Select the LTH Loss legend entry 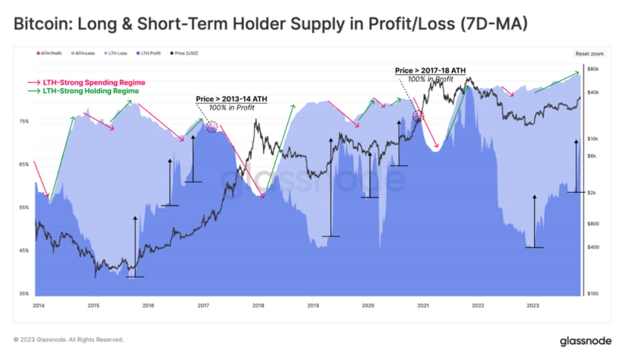tap(117, 53)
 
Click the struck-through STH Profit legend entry tap(50, 53)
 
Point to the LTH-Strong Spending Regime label tap(94, 83)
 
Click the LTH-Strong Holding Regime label tap(91, 91)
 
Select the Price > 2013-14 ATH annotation tap(231, 99)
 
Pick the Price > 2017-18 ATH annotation tap(430, 71)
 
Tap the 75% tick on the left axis tap(24, 122)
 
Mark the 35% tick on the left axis tap(24, 294)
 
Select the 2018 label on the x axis tap(258, 306)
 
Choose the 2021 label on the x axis tap(423, 306)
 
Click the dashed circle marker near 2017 tap(212, 127)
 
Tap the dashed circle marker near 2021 tap(417, 116)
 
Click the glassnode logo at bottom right tap(585, 341)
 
